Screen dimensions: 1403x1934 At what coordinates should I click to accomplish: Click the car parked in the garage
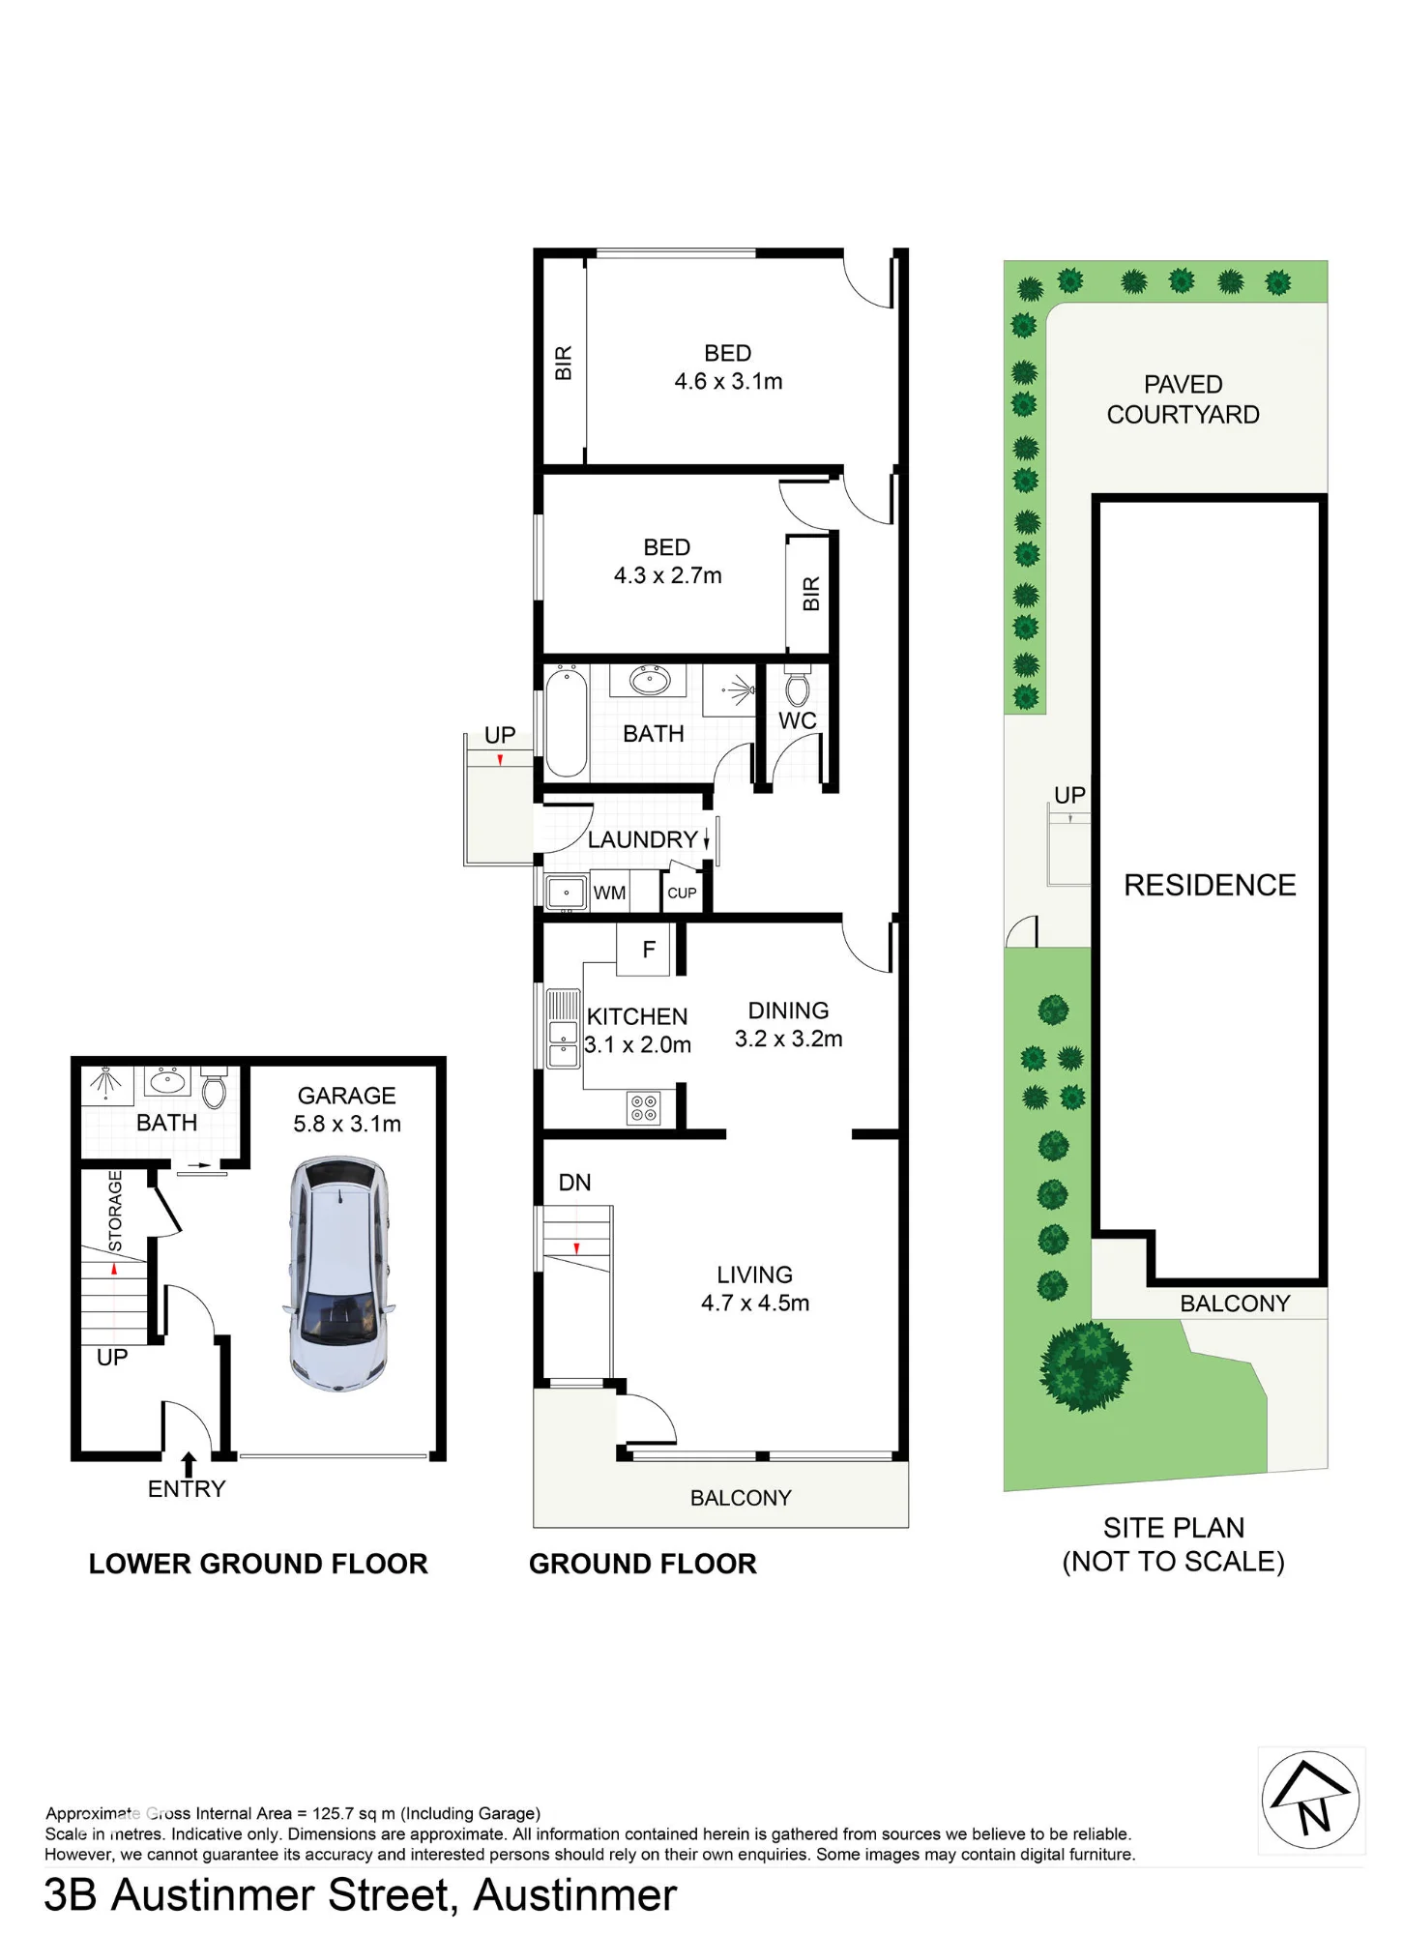[x=340, y=1275]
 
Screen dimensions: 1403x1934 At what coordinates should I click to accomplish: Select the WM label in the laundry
[x=609, y=893]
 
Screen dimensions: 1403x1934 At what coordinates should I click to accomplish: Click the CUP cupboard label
[x=682, y=893]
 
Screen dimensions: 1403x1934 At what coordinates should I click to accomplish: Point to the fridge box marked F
[x=649, y=950]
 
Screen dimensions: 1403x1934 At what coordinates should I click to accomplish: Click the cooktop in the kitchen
[x=645, y=1108]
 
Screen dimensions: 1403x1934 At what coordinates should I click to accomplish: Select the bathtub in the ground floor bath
[x=567, y=722]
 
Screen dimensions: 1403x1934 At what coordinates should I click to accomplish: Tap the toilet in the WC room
[x=798, y=685]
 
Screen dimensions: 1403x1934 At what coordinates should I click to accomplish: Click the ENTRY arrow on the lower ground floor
[x=189, y=1464]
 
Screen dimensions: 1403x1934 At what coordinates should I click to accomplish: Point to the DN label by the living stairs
[x=574, y=1183]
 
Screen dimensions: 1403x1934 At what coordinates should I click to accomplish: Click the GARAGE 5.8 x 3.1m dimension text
[x=347, y=1124]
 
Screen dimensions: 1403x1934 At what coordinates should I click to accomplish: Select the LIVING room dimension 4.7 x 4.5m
[x=755, y=1303]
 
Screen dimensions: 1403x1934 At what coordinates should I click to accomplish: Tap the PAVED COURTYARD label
[x=1183, y=399]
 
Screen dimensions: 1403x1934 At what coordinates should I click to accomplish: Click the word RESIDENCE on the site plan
[x=1210, y=885]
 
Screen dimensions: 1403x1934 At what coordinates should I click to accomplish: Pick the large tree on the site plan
[x=1086, y=1366]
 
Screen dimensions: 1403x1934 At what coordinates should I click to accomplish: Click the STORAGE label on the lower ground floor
[x=115, y=1211]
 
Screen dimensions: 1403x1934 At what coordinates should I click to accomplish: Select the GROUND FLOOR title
[x=643, y=1564]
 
